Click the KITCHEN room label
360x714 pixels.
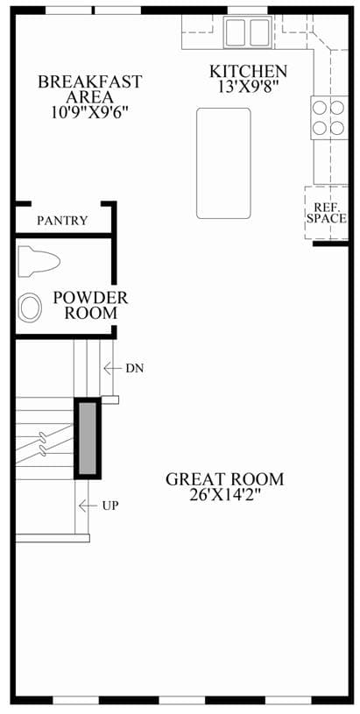click(248, 72)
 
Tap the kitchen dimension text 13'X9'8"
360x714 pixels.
click(248, 87)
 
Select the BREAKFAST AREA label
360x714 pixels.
click(90, 89)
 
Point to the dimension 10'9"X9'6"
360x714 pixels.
click(88, 112)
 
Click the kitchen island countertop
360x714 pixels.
click(223, 163)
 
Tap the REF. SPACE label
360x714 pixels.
click(327, 213)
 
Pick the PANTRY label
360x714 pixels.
click(62, 221)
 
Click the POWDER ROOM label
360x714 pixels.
click(90, 305)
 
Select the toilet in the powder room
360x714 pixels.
click(39, 262)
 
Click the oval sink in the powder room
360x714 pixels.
click(31, 308)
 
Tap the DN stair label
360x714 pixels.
click(135, 368)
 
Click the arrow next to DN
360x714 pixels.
click(112, 368)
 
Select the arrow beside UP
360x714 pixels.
click(88, 505)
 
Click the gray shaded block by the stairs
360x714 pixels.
click(88, 439)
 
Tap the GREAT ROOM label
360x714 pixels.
click(224, 479)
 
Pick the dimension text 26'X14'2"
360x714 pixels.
click(224, 494)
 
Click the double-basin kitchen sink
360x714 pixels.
click(247, 32)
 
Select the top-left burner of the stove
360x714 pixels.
click(320, 108)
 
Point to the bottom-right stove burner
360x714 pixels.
click(337, 128)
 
